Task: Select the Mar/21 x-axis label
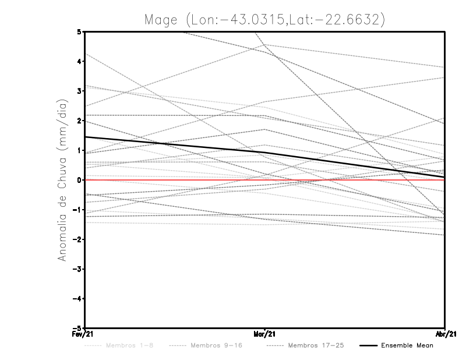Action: point(265,334)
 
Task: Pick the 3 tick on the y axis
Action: point(79,91)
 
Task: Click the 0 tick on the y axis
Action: point(79,180)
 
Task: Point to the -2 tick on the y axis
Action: point(77,239)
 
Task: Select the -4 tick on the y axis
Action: point(77,299)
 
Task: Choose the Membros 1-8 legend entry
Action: point(128,346)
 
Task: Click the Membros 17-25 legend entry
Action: point(316,346)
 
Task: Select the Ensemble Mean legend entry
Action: point(407,346)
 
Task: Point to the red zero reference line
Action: point(349,180)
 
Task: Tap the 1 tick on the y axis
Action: point(79,150)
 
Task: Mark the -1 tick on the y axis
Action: point(77,210)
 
